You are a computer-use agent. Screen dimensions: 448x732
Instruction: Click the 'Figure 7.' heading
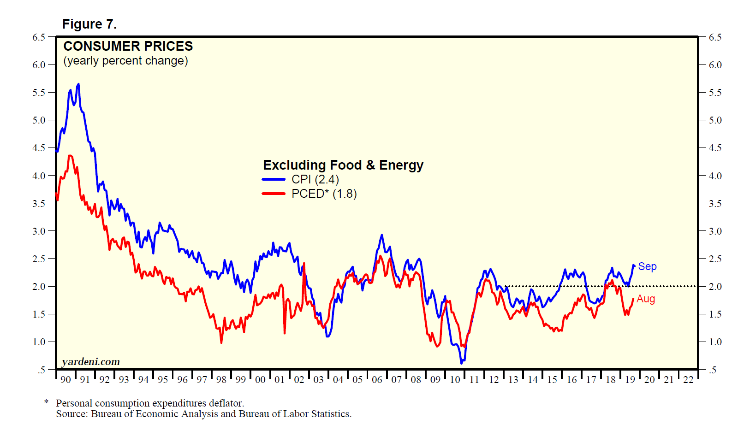click(89, 24)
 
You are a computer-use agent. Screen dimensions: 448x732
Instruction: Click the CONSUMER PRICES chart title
click(128, 46)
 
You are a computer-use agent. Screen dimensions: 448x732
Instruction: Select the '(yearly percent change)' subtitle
click(125, 61)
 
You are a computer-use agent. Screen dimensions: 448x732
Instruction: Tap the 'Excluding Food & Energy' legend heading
click(343, 165)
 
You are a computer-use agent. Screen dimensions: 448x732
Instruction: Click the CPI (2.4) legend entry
click(315, 179)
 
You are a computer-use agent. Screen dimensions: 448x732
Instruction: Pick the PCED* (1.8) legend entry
click(324, 194)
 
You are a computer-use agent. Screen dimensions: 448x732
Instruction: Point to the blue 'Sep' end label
click(647, 266)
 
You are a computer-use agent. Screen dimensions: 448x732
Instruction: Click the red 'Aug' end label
click(646, 299)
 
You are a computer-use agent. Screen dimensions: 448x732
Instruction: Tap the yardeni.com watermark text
click(91, 362)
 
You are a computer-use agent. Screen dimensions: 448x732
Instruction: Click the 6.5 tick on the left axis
click(39, 37)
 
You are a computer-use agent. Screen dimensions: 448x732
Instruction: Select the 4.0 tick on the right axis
click(715, 176)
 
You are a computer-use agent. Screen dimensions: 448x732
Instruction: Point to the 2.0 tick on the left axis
click(39, 286)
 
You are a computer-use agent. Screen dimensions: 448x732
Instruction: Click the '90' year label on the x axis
click(65, 380)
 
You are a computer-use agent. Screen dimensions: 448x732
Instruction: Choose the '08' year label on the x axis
click(416, 380)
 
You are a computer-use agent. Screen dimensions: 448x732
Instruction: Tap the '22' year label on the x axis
click(688, 380)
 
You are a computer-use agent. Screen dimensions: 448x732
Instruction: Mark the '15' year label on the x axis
click(552, 380)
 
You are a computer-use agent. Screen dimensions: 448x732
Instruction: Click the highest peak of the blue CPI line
click(78, 84)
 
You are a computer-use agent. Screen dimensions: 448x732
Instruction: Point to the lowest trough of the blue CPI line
click(461, 363)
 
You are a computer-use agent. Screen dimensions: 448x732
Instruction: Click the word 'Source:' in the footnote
click(72, 414)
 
